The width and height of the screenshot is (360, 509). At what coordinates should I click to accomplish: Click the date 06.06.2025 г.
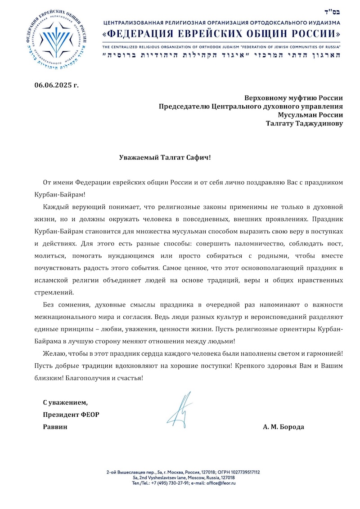pyautogui.click(x=56, y=85)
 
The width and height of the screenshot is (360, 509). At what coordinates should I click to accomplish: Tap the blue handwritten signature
pyautogui.click(x=181, y=410)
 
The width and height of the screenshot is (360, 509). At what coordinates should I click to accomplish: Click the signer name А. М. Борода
pyautogui.click(x=283, y=427)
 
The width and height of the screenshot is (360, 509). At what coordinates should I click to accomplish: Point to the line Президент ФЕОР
pyautogui.click(x=71, y=414)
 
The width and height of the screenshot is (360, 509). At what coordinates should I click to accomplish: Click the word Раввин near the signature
pyautogui.click(x=55, y=427)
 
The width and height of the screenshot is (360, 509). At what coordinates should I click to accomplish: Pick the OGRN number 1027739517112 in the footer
pyautogui.click(x=243, y=472)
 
